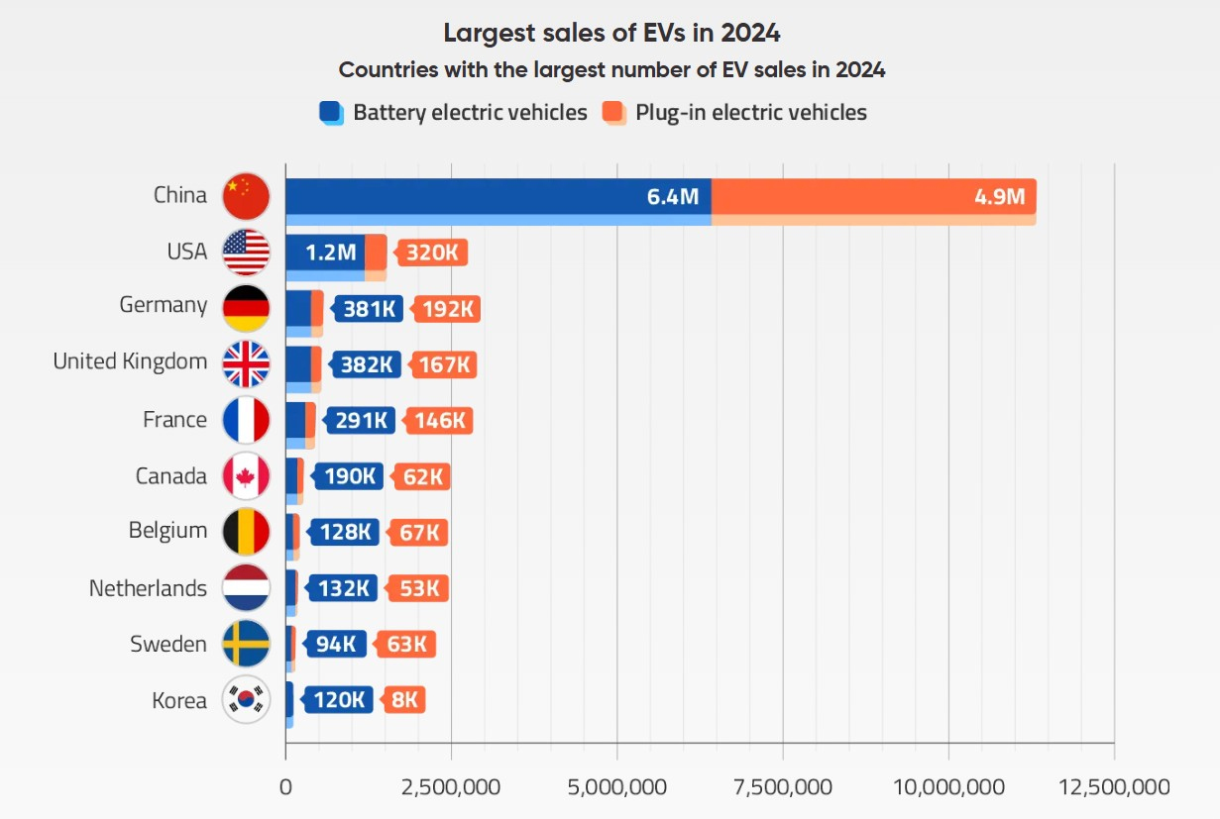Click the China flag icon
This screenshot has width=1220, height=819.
246,196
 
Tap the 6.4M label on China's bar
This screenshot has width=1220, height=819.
673,196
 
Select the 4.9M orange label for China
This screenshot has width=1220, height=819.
999,196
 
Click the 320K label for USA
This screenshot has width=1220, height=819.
432,253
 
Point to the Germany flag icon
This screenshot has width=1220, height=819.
246,308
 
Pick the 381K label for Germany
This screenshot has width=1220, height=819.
369,309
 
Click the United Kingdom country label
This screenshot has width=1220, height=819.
130,361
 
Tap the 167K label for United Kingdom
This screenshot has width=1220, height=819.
444,364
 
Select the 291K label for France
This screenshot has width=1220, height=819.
361,420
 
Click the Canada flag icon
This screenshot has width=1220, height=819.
246,476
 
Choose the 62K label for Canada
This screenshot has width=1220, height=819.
422,476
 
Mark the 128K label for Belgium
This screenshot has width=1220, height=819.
345,533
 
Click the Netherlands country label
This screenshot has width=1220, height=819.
148,588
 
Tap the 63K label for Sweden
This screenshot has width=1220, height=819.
406,645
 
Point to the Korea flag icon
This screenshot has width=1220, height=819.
246,700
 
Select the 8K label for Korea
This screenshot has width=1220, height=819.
404,700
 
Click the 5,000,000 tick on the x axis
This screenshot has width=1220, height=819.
616,787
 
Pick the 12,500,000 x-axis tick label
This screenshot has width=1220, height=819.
1114,787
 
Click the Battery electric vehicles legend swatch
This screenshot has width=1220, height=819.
331,113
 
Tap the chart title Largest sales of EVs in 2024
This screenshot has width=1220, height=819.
611,33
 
